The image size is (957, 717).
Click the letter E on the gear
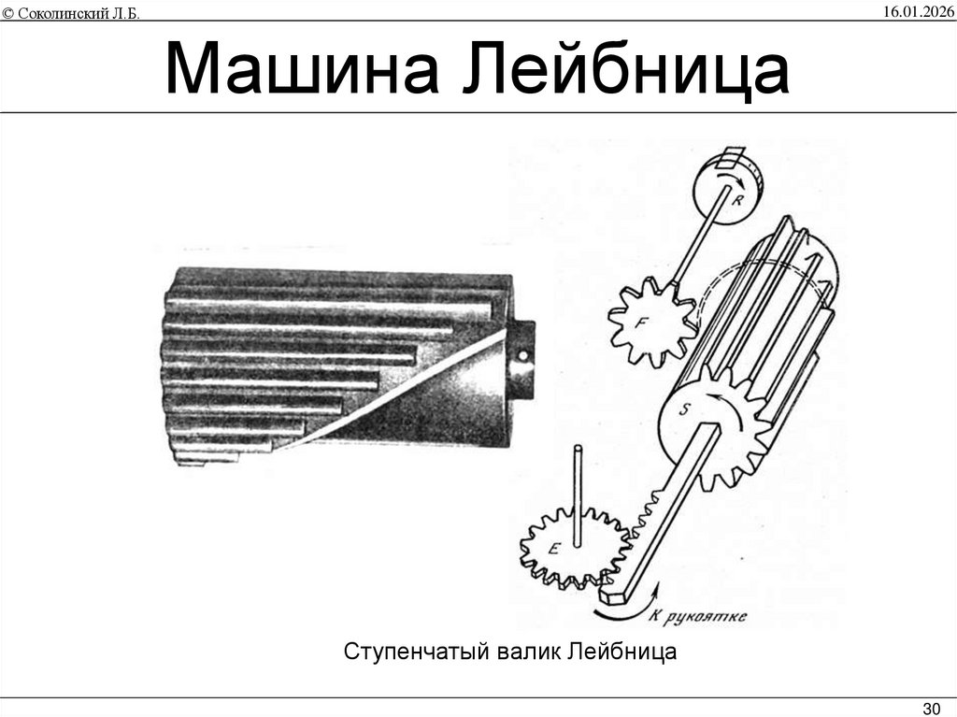pyautogui.click(x=553, y=549)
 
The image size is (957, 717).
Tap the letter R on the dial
pyautogui.click(x=737, y=199)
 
